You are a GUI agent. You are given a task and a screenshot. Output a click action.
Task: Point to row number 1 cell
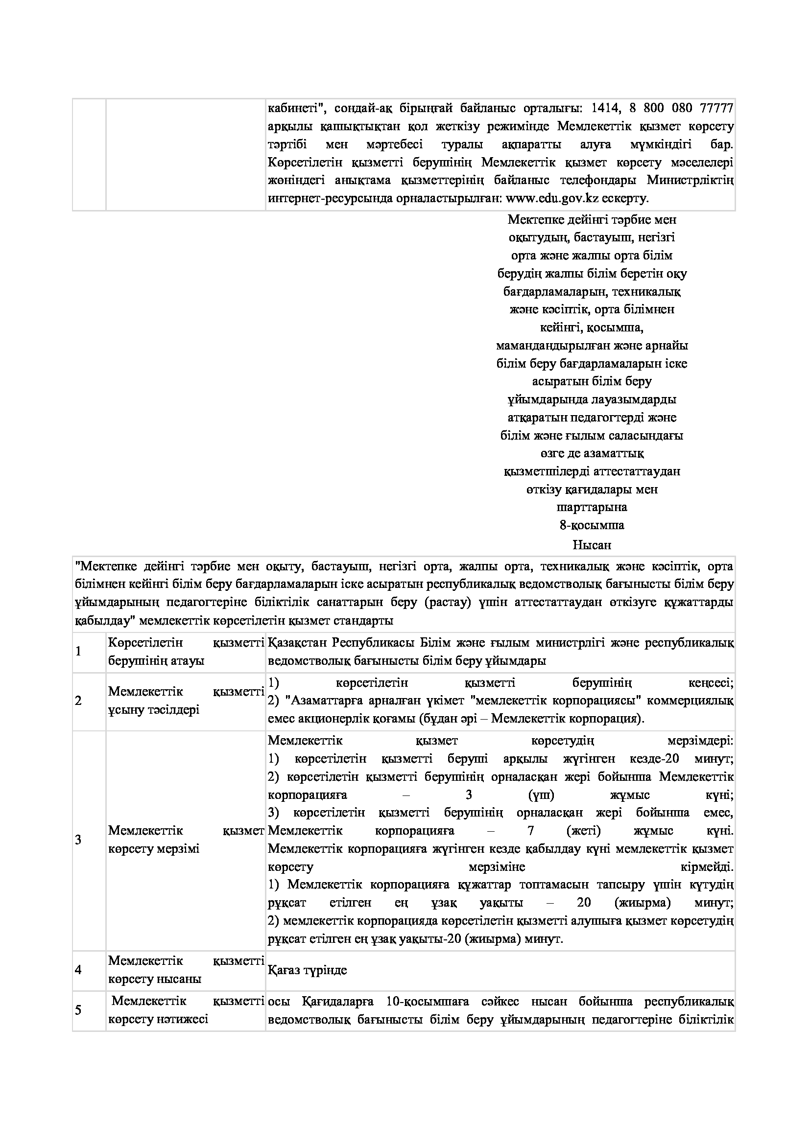coord(78,652)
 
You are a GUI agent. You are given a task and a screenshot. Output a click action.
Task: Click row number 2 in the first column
coord(78,701)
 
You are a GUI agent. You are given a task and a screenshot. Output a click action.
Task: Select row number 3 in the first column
coord(78,840)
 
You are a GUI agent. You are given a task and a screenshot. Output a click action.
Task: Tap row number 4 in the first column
coord(78,970)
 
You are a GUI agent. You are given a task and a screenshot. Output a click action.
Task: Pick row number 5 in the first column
coord(78,1010)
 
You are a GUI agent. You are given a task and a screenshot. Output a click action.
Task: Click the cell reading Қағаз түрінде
coord(307,970)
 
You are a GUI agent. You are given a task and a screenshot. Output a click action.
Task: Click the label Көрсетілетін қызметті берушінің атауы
coord(186,652)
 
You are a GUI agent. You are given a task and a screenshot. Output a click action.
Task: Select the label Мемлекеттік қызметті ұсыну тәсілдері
coord(186,701)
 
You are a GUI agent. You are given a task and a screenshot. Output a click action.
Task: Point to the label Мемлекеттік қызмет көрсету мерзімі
coord(186,840)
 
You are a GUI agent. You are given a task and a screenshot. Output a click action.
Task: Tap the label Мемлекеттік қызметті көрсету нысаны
coord(186,970)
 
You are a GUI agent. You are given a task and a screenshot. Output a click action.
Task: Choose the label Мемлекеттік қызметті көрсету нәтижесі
coord(186,1010)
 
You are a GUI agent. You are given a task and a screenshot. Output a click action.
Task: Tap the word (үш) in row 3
coord(541,795)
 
